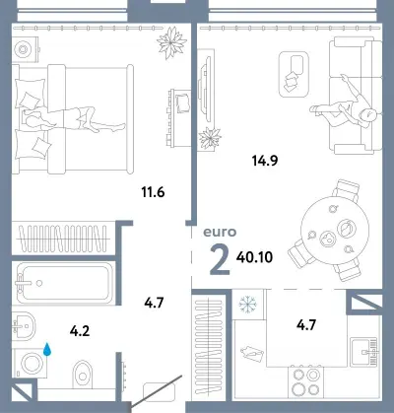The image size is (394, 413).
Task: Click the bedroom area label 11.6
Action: pos(153,192)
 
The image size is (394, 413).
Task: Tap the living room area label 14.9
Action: pos(265,161)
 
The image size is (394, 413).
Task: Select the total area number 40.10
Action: pos(254,257)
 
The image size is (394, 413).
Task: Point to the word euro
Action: pos(220,232)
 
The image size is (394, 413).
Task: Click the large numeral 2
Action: pos(220,260)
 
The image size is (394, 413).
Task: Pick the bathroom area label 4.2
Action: pos(80,331)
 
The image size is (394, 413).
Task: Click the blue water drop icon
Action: pos(47,349)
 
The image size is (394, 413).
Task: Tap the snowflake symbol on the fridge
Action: pos(248,305)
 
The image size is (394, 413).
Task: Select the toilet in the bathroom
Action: pos(83,375)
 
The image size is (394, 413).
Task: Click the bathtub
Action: pos(64,283)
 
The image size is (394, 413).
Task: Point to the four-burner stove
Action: pos(306,382)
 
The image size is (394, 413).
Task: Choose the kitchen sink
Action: pos(364,352)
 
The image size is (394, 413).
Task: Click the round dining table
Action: pos(335,229)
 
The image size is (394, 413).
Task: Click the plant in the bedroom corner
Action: pos(171,42)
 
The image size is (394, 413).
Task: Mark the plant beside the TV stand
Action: pos(210,138)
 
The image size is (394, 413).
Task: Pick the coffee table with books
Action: pos(294,74)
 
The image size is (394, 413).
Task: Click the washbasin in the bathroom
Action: pos(24,326)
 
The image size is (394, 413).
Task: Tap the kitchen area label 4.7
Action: pos(306,325)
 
